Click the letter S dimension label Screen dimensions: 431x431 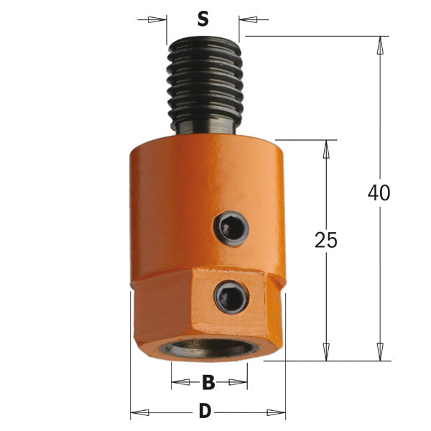coord(203,19)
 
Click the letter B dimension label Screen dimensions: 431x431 coord(208,383)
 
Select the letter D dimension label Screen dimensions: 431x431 coord(205,412)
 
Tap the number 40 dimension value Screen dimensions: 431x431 coord(379,193)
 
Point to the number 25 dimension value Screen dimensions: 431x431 coord(326,241)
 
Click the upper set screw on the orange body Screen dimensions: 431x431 coord(231,228)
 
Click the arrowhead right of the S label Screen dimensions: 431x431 coord(249,19)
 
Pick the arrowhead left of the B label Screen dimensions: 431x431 coord(180,383)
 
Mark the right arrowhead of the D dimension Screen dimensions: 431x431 coord(276,412)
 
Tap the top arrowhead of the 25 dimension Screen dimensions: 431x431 coord(326,150)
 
